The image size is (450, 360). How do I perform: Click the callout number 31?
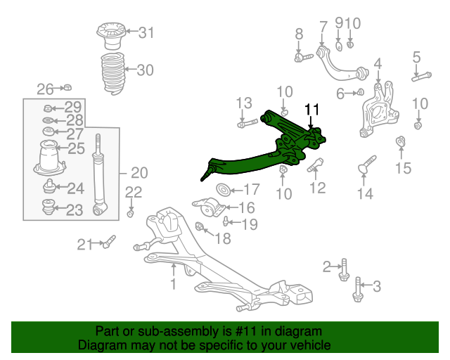[x=146, y=32]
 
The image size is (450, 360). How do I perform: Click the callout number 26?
[x=45, y=89]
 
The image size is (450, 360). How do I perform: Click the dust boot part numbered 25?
[x=48, y=158]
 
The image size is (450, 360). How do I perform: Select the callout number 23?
[x=75, y=209]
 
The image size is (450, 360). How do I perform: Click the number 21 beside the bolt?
[x=84, y=245]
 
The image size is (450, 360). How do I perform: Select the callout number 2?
[x=326, y=266]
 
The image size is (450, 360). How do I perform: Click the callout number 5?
[x=416, y=57]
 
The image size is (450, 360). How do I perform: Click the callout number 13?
[x=243, y=104]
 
